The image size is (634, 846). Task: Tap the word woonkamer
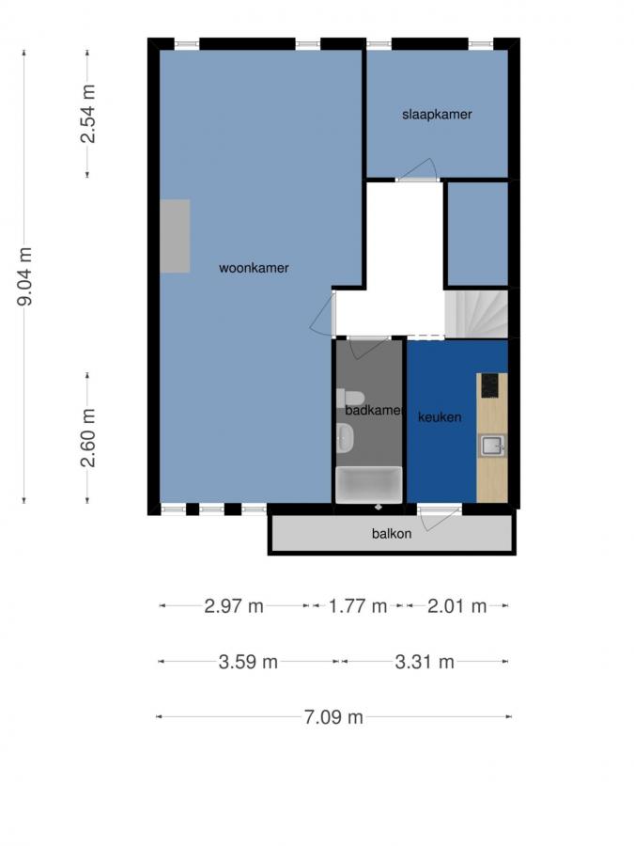pyautogui.click(x=254, y=268)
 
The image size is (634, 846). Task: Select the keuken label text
pyautogui.click(x=440, y=417)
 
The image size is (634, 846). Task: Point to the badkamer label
pyautogui.click(x=373, y=411)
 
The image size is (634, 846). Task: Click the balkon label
pyautogui.click(x=391, y=534)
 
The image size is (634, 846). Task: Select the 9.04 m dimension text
pyautogui.click(x=25, y=276)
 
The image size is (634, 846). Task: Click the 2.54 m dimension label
pyautogui.click(x=87, y=115)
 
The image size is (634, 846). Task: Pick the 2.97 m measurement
pyautogui.click(x=234, y=606)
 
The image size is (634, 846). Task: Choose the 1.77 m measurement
pyautogui.click(x=358, y=606)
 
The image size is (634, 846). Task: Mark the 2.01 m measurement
pyautogui.click(x=456, y=606)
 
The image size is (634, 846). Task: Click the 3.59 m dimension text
pyautogui.click(x=248, y=662)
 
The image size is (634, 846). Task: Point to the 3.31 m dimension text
pyautogui.click(x=425, y=662)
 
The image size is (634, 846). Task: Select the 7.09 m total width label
pyautogui.click(x=333, y=717)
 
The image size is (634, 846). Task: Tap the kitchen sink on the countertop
pyautogui.click(x=492, y=445)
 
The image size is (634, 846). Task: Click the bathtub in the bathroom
pyautogui.click(x=369, y=485)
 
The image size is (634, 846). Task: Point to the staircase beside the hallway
pyautogui.click(x=475, y=313)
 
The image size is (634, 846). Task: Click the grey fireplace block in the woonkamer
pyautogui.click(x=175, y=236)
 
